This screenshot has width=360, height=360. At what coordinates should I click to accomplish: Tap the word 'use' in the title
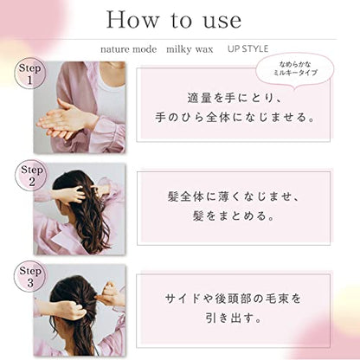pos(222,21)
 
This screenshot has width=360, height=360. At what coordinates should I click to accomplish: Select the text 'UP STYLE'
pos(247,48)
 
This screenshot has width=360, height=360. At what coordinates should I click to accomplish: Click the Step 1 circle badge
pos(30,74)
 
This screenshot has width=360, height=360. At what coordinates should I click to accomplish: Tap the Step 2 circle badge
pos(31,175)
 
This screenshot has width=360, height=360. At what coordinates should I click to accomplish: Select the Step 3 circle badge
pos(30,276)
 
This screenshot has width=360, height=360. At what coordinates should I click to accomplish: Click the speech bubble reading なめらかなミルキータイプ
pos(295,69)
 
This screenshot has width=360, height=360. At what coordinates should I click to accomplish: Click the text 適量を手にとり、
pos(234,98)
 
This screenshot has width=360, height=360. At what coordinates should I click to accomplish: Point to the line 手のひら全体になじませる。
pos(235,118)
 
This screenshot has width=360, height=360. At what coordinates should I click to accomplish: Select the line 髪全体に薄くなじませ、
pos(234,196)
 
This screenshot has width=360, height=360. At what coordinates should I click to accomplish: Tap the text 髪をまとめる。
pos(234,215)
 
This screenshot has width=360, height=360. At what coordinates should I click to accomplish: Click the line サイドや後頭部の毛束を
pos(233,299)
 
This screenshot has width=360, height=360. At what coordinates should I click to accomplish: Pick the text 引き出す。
pos(234,318)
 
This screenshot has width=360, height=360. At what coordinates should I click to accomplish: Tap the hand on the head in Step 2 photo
pos(69,195)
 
